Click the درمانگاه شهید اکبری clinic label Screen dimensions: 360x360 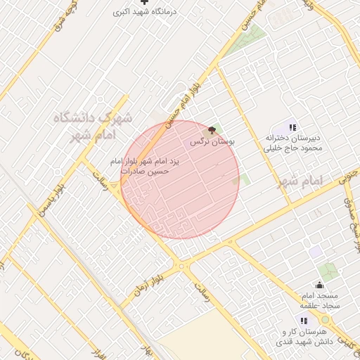(x=145, y=12)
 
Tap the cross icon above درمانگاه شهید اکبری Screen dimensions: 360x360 (x=145, y=2)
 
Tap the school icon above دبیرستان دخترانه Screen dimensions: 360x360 (x=292, y=127)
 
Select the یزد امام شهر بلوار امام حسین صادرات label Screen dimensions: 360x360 (x=146, y=166)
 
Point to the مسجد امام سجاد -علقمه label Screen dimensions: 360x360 (x=320, y=300)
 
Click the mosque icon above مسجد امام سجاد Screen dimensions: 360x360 (x=320, y=285)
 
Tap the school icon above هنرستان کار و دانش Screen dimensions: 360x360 (x=304, y=321)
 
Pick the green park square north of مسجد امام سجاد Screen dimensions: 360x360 (x=328, y=271)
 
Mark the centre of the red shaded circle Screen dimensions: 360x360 (x=180, y=179)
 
